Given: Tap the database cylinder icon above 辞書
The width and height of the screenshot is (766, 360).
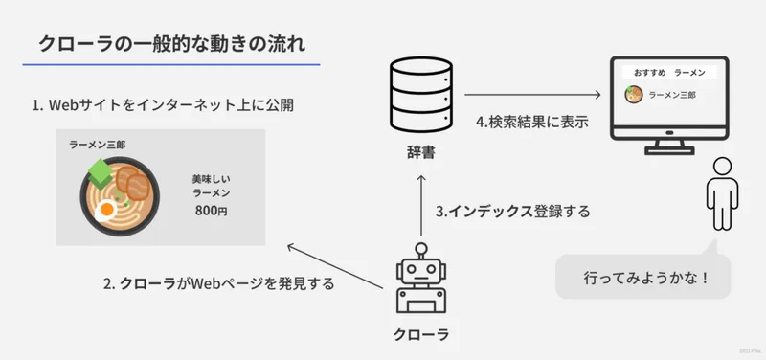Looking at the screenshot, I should pos(421,94).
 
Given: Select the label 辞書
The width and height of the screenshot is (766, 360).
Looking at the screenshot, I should pos(421,151).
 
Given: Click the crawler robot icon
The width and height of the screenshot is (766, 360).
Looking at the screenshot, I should pos(420,283).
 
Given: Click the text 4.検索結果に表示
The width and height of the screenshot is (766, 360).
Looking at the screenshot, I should pos(531,123).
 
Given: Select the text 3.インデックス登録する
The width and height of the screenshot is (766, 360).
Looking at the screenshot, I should pos(512,211).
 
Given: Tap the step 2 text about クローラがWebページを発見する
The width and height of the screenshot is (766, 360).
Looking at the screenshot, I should pos(218,283).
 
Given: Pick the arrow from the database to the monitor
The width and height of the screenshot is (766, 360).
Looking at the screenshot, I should pos(531,96).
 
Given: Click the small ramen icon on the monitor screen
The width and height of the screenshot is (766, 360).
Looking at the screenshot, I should pos(633,95).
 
